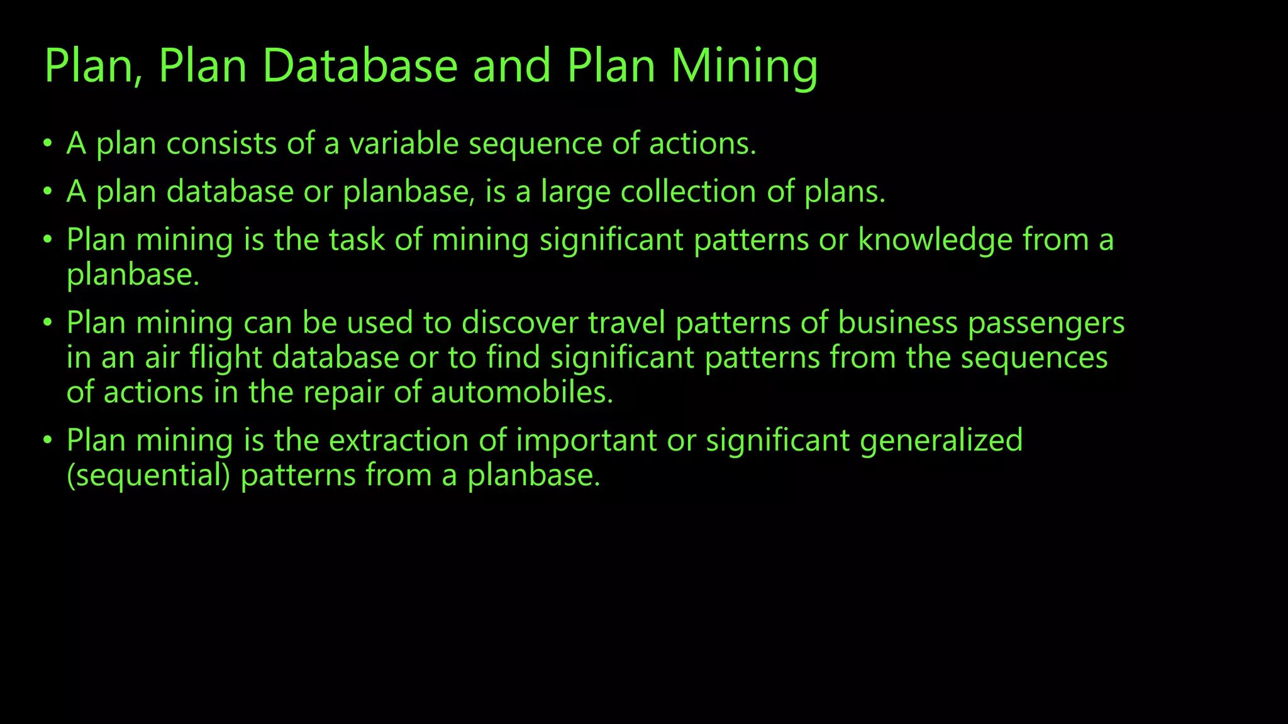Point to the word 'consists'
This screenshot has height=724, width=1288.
click(221, 143)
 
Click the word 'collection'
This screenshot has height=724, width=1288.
click(688, 192)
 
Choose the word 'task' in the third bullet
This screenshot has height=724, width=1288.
click(357, 240)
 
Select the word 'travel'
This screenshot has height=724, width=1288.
click(626, 323)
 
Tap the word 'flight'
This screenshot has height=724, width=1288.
click(226, 358)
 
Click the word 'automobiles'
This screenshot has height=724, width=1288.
click(521, 393)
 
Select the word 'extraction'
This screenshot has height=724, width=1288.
click(399, 441)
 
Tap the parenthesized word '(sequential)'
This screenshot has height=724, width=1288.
click(148, 476)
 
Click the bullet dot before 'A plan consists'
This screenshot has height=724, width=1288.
click(48, 143)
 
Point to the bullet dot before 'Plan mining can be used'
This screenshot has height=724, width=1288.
click(48, 323)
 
